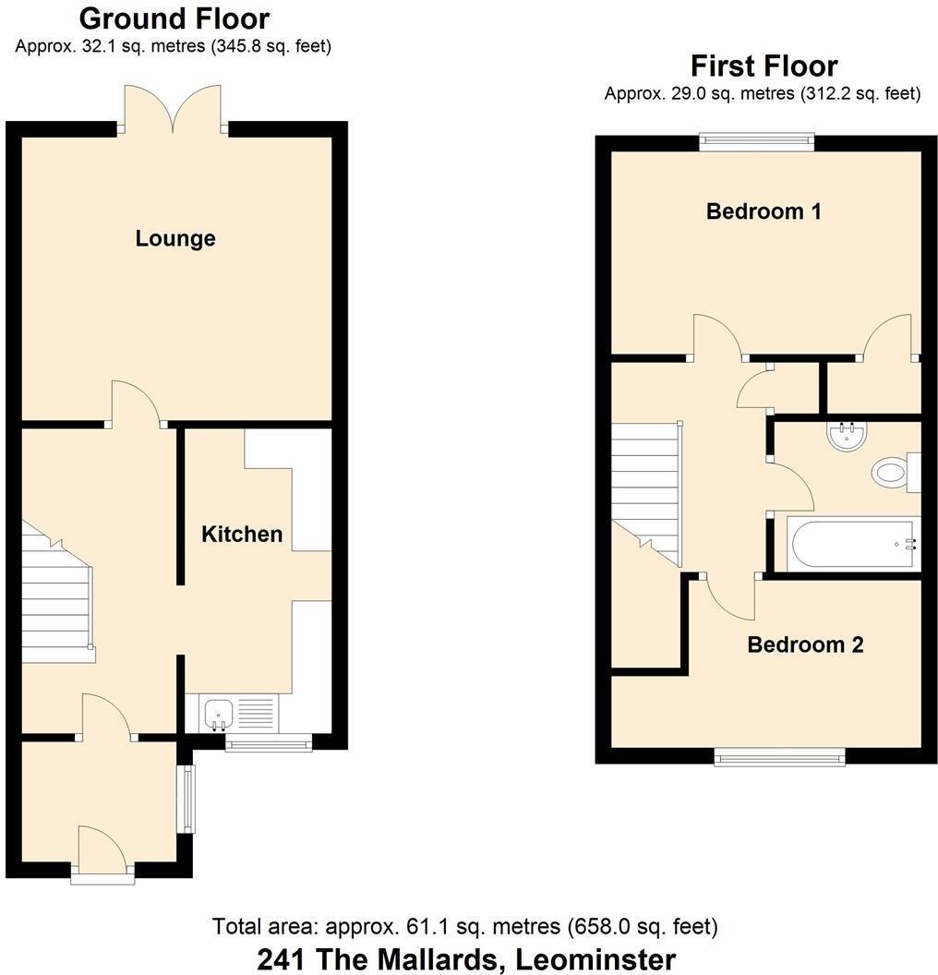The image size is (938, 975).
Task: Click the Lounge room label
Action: pos(175,238)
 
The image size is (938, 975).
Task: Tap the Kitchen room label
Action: pos(242,534)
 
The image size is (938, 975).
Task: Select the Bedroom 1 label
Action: pos(764,211)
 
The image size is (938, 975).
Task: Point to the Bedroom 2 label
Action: pos(805,644)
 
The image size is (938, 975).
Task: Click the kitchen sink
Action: pos(219,714)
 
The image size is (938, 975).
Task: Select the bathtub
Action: pos(851,544)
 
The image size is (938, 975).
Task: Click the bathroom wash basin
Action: pos(847,436)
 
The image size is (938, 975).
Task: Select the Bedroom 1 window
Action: pos(757,141)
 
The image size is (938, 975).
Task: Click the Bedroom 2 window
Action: pos(779,758)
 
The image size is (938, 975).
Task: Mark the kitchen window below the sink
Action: pos(269,743)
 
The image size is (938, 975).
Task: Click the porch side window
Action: pos(187,799)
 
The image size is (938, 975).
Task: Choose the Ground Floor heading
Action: pos(174,18)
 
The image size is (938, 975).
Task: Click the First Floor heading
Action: pos(764,66)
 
